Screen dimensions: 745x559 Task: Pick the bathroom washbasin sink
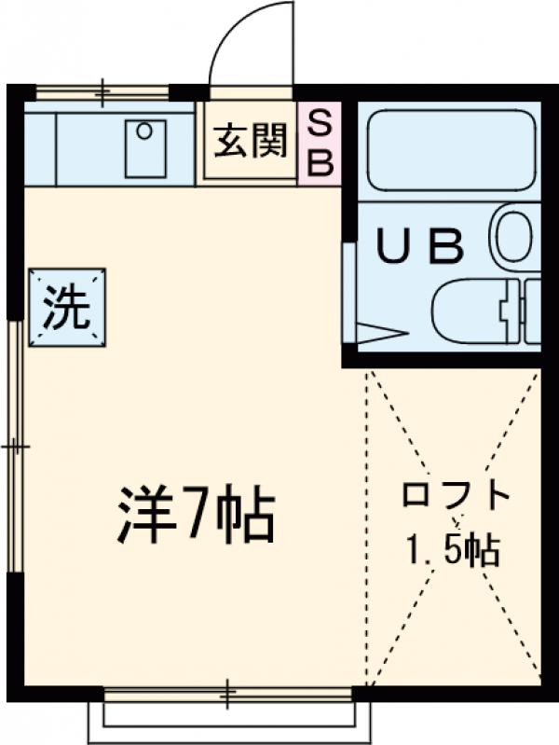tap(514, 237)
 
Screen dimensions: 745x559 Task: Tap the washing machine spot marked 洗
tap(67, 309)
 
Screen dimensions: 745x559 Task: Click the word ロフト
tap(457, 494)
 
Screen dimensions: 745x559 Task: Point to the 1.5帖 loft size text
tap(454, 551)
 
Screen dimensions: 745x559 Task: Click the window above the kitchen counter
tap(102, 92)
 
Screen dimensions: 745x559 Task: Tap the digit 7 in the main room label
tap(196, 515)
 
